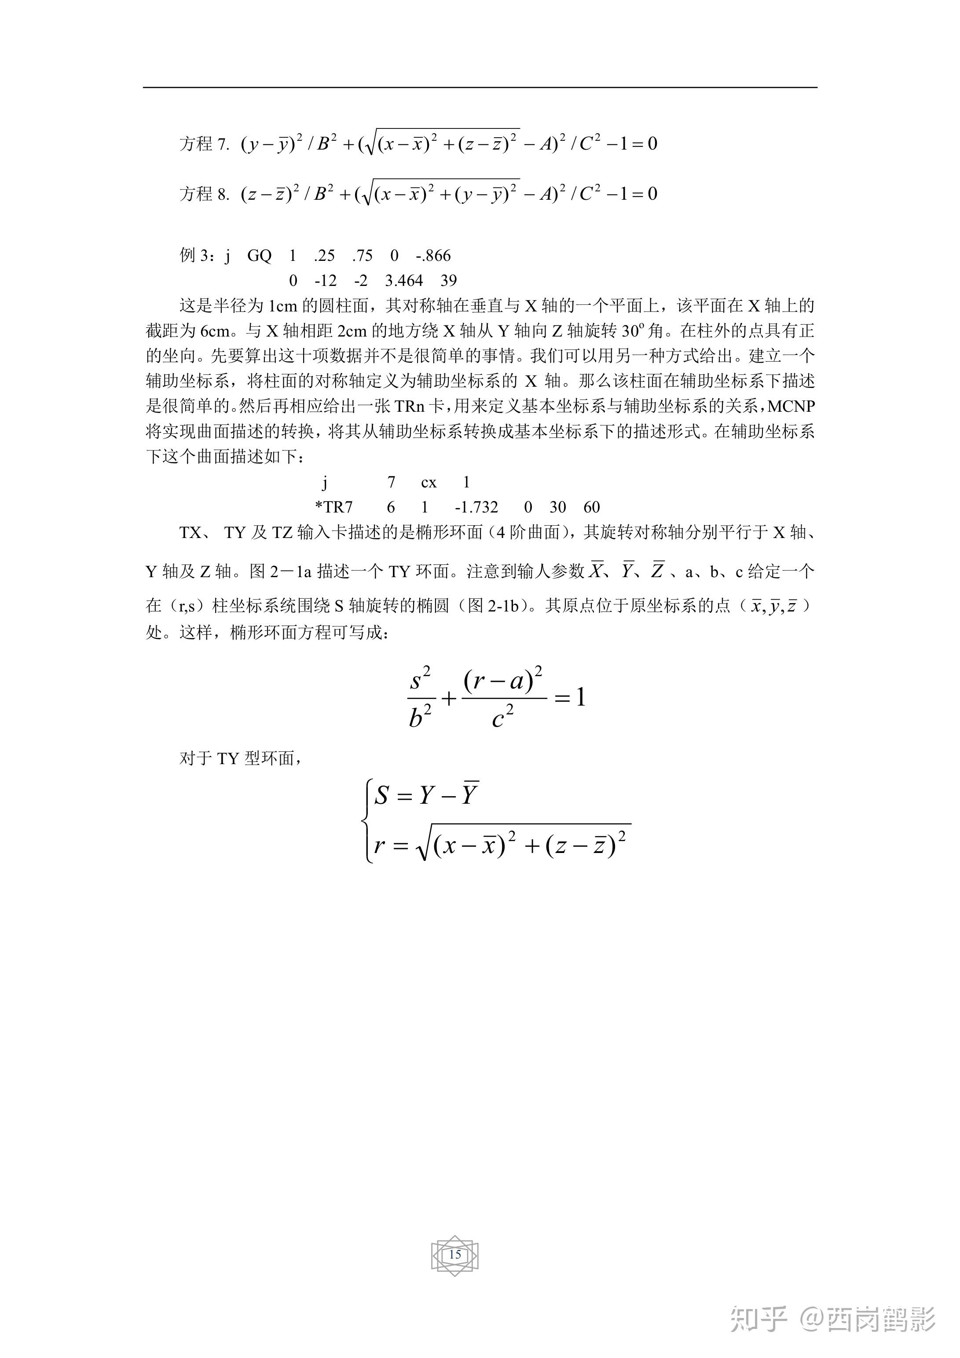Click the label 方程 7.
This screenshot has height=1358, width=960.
pyautogui.click(x=204, y=144)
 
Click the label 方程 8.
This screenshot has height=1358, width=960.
pyautogui.click(x=204, y=194)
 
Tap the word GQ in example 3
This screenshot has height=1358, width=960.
pyautogui.click(x=259, y=256)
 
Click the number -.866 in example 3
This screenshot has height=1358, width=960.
pyautogui.click(x=433, y=256)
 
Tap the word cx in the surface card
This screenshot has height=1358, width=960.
pyautogui.click(x=429, y=483)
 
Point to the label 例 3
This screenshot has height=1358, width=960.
pyautogui.click(x=194, y=256)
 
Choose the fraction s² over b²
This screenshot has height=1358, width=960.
pyautogui.click(x=421, y=698)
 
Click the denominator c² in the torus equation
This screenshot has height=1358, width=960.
pyautogui.click(x=503, y=717)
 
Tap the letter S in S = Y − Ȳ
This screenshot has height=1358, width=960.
pyautogui.click(x=381, y=795)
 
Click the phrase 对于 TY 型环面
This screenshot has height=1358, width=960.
pyautogui.click(x=242, y=759)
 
